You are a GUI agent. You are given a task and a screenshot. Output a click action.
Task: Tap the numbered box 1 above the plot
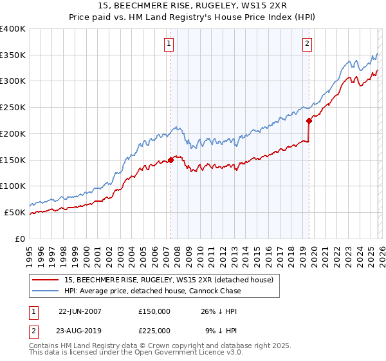pyautogui.click(x=169, y=44)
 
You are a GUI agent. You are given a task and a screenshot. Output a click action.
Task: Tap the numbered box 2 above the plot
pyautogui.click(x=308, y=44)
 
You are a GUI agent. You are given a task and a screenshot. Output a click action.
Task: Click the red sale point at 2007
pyautogui.click(x=170, y=159)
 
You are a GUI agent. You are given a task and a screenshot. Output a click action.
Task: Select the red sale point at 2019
pyautogui.click(x=309, y=120)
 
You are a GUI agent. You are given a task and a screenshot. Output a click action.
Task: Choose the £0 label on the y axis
pyautogui.click(x=21, y=239)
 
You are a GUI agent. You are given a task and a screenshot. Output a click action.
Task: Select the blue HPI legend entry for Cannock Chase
pyautogui.click(x=152, y=291)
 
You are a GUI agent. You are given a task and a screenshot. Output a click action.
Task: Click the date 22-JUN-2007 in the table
pyautogui.click(x=80, y=311)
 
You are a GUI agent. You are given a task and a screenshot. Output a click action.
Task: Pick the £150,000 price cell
pyautogui.click(x=154, y=311)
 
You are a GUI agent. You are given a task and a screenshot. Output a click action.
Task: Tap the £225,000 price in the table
pyautogui.click(x=154, y=330)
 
